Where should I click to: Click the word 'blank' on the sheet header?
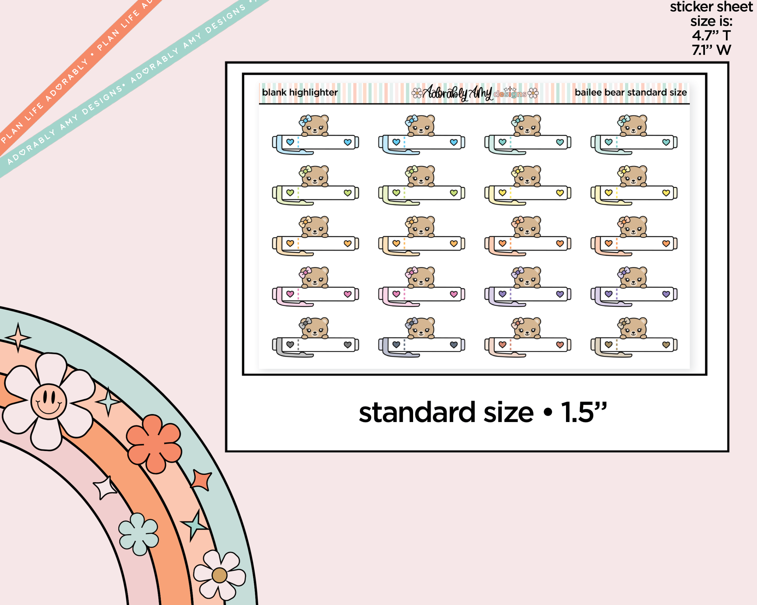coord(274,92)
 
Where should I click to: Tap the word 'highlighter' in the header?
coord(314,93)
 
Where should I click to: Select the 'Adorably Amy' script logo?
coord(457,93)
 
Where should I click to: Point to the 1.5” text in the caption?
coord(584,412)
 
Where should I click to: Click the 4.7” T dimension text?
coord(711,36)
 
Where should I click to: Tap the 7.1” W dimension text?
coord(711,50)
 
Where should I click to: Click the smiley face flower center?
coord(49,401)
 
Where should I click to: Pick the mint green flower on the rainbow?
coord(138,534)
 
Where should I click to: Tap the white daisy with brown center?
coord(219,575)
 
